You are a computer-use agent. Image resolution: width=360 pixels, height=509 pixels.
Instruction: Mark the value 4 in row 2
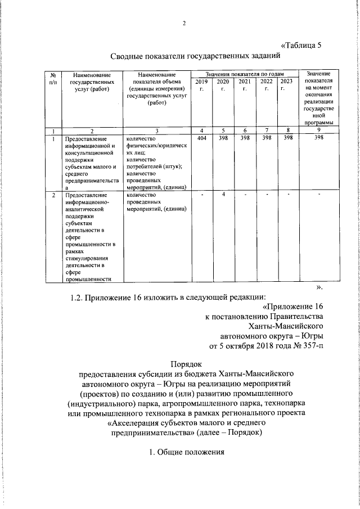pyautogui.click(x=223, y=194)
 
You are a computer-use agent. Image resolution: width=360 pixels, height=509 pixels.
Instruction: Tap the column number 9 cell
pyautogui.click(x=318, y=130)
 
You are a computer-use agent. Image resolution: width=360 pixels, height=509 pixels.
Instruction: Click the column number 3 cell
pyautogui.click(x=157, y=130)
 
